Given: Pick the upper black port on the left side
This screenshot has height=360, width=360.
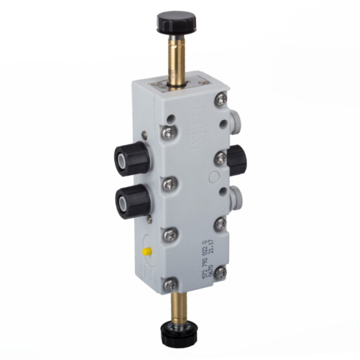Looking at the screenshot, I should (x=132, y=156).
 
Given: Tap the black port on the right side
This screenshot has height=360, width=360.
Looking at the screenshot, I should (x=236, y=160).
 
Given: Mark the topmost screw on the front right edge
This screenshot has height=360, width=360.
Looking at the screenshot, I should (x=221, y=99).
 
